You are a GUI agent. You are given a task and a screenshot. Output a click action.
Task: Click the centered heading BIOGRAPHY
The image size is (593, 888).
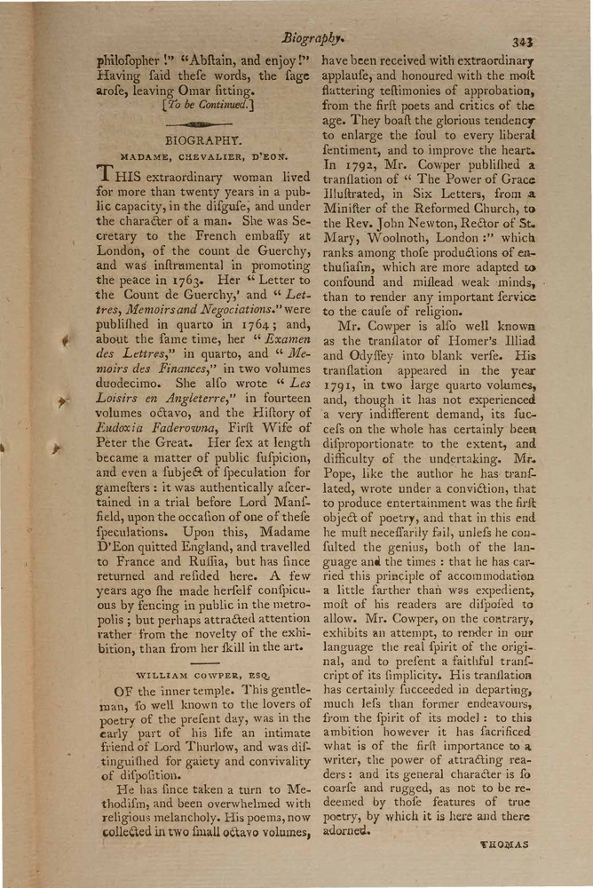pos(203,139)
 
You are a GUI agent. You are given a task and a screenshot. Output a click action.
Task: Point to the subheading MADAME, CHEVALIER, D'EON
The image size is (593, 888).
pos(203,157)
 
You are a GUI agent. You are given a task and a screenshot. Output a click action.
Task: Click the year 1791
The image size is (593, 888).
pos(342,385)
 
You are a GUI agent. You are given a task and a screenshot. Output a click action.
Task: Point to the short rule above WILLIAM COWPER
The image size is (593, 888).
pos(203,662)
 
